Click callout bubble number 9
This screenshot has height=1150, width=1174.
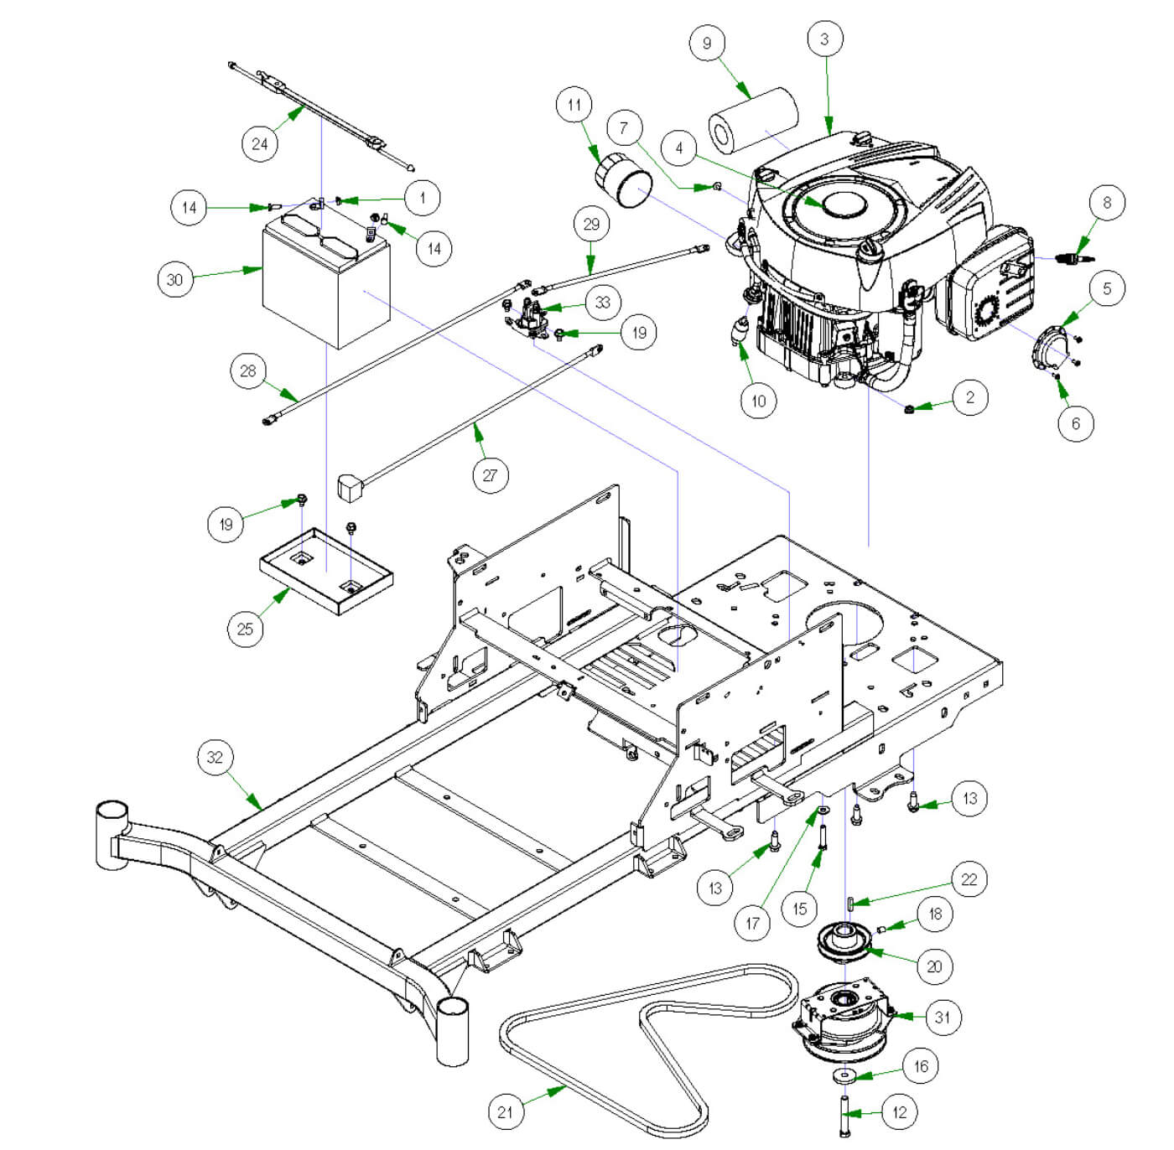[x=707, y=44]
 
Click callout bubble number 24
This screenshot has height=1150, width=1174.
[x=260, y=143]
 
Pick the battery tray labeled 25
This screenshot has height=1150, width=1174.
[x=326, y=570]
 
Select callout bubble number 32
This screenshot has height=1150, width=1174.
[x=215, y=757]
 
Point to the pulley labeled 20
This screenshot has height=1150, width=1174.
[x=844, y=940]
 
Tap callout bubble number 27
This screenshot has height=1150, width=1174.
[x=490, y=475]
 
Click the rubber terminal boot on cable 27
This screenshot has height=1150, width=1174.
[x=350, y=487]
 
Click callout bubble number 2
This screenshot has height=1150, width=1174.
[x=970, y=397]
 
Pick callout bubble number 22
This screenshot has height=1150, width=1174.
[x=969, y=879]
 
